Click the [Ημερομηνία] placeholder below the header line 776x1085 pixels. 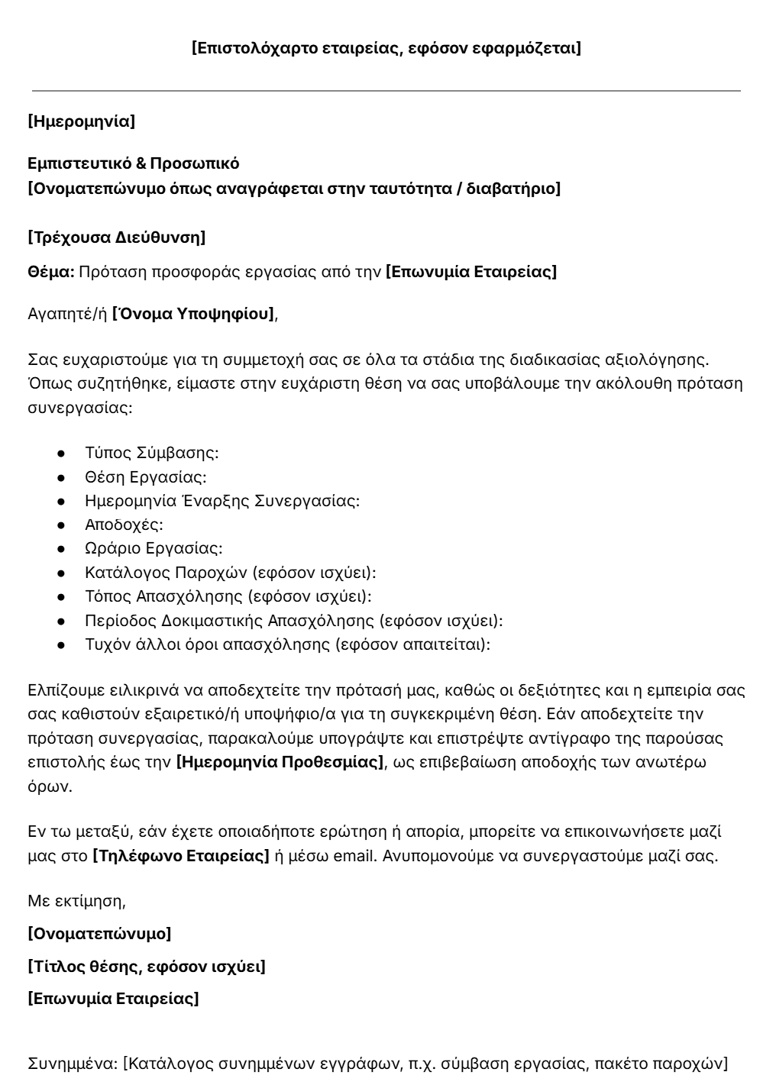pyautogui.click(x=81, y=121)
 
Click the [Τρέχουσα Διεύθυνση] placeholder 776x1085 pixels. pyautogui.click(x=116, y=237)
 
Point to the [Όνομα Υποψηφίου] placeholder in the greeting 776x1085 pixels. pyautogui.click(x=193, y=313)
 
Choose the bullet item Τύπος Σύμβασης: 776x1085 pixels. pyautogui.click(x=152, y=453)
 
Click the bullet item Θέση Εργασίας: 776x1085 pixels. pyautogui.click(x=146, y=477)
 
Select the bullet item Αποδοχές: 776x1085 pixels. pyautogui.click(x=124, y=525)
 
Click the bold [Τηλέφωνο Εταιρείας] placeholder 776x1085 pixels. pyautogui.click(x=181, y=856)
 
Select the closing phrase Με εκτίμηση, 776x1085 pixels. pyautogui.click(x=76, y=901)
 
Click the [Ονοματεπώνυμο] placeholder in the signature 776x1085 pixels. pyautogui.click(x=99, y=933)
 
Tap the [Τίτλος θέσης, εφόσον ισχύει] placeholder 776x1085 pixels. pyautogui.click(x=147, y=967)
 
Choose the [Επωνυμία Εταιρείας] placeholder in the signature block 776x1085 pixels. pyautogui.click(x=113, y=999)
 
